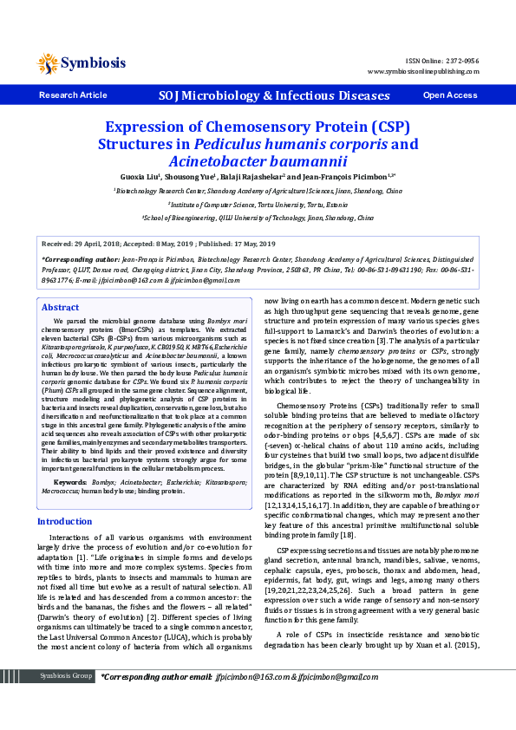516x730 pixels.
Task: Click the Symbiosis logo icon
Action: [48, 62]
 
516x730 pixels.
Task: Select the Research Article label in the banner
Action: [73, 95]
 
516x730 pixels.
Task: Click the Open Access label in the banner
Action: [449, 95]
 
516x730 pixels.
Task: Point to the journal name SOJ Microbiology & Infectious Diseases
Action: [262, 95]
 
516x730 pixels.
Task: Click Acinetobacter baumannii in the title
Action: [257, 160]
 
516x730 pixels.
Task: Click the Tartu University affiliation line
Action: [258, 205]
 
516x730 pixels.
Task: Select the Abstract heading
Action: [60, 308]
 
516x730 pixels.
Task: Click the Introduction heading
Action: [64, 521]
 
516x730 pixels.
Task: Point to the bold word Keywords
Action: [69, 480]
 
